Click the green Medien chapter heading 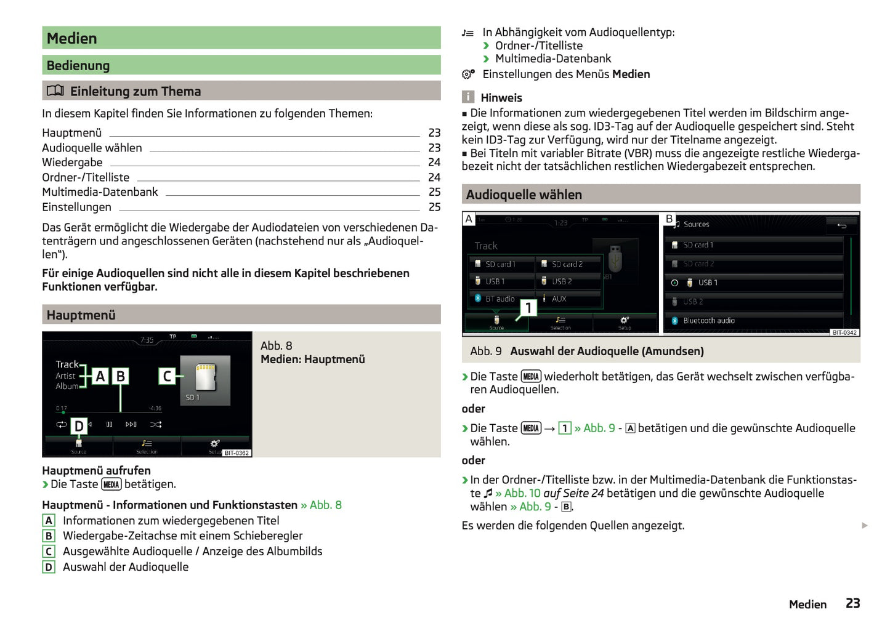click(72, 38)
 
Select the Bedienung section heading click(78, 65)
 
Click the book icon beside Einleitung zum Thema click(55, 91)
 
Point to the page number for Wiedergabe click(434, 163)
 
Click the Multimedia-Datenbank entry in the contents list click(100, 192)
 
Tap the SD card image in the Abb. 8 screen click(205, 377)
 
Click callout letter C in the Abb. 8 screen click(166, 376)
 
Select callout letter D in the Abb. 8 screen click(79, 426)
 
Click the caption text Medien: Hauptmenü click(312, 360)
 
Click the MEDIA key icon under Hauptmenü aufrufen click(111, 484)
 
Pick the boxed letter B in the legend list click(49, 536)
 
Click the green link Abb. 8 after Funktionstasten click(325, 505)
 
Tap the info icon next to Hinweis click(468, 97)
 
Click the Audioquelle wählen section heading click(524, 195)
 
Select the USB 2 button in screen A click(567, 281)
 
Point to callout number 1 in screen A click(528, 308)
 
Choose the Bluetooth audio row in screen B click(708, 321)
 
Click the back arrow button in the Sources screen click(841, 225)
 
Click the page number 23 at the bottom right click(852, 603)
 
